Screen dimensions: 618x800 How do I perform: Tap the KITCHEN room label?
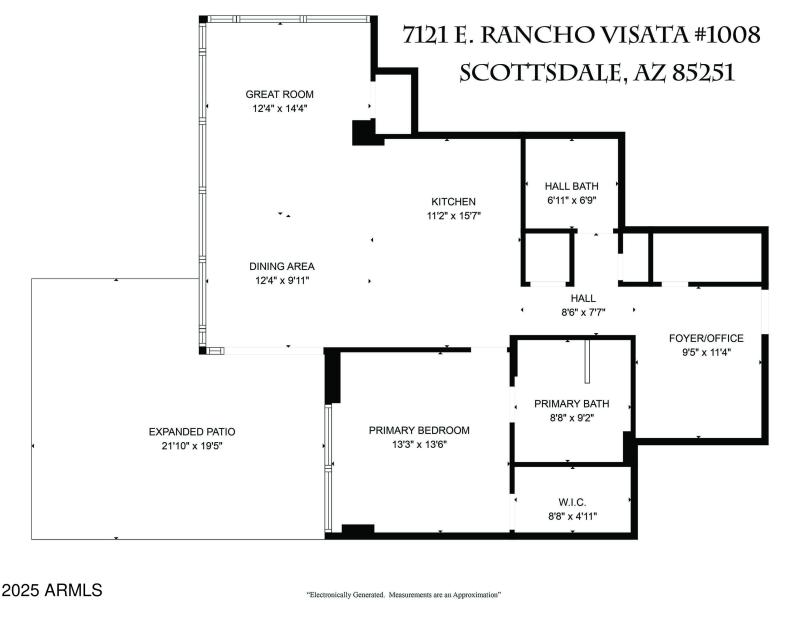[453, 201]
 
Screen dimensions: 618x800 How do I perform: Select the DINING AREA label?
[282, 266]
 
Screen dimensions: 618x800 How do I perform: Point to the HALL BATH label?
[571, 186]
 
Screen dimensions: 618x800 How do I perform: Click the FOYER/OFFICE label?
[701, 337]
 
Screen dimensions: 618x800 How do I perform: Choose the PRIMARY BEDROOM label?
[419, 430]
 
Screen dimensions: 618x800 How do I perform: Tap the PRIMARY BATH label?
[571, 404]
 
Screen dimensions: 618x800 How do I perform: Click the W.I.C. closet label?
[571, 502]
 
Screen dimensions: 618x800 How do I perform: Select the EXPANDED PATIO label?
[192, 431]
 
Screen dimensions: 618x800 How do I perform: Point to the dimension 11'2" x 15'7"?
[453, 215]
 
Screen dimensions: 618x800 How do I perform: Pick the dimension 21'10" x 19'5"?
[192, 445]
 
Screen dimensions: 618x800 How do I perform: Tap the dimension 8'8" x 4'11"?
[571, 516]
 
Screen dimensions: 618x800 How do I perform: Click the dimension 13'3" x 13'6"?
[419, 444]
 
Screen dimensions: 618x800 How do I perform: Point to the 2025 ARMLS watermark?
[52, 591]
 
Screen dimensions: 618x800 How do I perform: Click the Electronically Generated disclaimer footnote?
[402, 595]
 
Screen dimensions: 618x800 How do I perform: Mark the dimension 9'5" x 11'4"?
[701, 351]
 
